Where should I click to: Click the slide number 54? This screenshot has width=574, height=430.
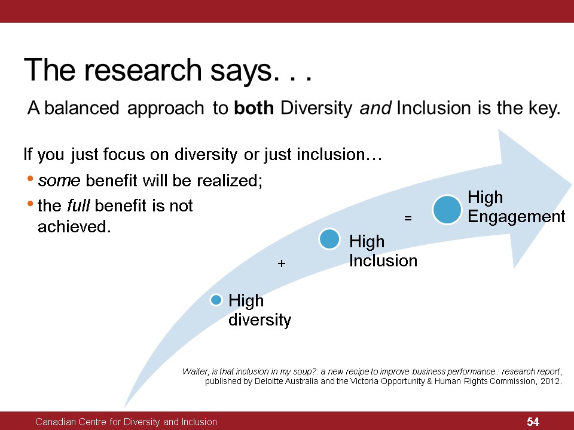click(x=533, y=422)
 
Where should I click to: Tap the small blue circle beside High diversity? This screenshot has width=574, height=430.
click(x=216, y=300)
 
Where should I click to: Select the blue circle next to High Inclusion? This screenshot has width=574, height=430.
click(x=329, y=239)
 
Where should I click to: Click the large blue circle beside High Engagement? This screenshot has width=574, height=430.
click(x=447, y=210)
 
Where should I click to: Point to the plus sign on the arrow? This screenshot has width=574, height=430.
click(x=281, y=263)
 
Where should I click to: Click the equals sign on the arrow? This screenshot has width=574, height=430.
click(x=408, y=219)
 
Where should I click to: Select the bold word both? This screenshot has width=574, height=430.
click(x=254, y=108)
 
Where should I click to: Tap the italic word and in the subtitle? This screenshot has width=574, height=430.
click(x=375, y=108)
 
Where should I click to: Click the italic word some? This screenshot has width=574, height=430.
click(x=59, y=180)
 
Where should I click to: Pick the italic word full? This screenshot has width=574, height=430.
click(x=78, y=205)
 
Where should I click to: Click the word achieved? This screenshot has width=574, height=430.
click(x=74, y=226)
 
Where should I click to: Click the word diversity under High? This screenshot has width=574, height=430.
click(x=259, y=320)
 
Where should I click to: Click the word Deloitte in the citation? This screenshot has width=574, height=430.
click(x=268, y=381)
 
